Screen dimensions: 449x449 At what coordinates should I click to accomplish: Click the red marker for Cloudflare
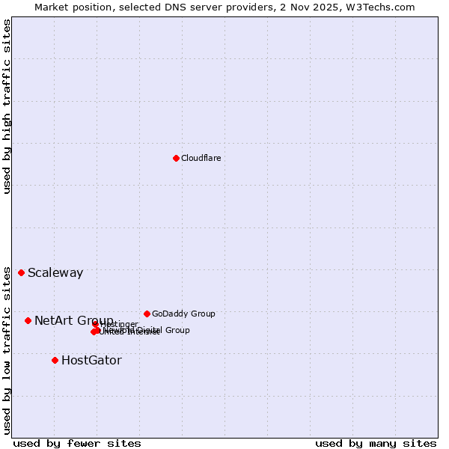click(x=176, y=158)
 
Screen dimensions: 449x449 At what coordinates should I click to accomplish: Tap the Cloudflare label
click(x=201, y=158)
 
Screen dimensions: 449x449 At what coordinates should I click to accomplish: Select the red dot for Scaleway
click(x=21, y=272)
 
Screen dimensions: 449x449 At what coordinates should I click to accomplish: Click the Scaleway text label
click(x=55, y=272)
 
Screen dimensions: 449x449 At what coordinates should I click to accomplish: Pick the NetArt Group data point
click(x=28, y=320)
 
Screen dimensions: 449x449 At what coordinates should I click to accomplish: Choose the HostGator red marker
click(x=55, y=360)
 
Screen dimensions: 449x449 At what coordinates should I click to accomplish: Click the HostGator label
click(x=91, y=360)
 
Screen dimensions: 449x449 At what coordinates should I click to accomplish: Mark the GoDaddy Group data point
click(x=147, y=314)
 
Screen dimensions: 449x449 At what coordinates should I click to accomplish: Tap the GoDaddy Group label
click(x=183, y=314)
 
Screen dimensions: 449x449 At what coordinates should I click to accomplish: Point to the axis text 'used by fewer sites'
click(x=77, y=443)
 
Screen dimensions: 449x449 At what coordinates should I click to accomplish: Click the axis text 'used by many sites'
click(x=376, y=443)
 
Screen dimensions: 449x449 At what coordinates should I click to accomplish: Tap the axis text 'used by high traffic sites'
click(x=7, y=106)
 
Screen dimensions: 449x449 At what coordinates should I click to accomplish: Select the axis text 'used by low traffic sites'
click(x=7, y=350)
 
